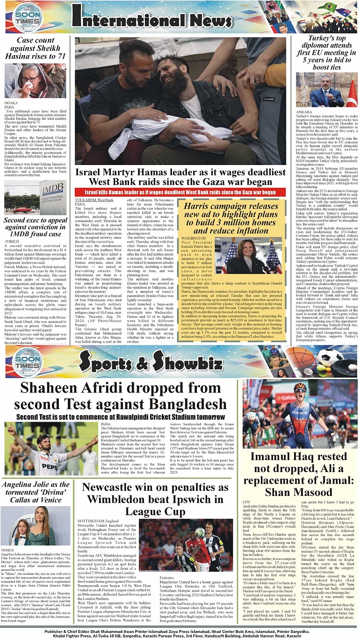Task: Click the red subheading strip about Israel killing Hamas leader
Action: [x=180, y=192]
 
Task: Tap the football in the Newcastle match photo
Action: [x=200, y=532]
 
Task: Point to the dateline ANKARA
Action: [x=304, y=112]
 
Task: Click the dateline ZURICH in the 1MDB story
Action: [x=12, y=241]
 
